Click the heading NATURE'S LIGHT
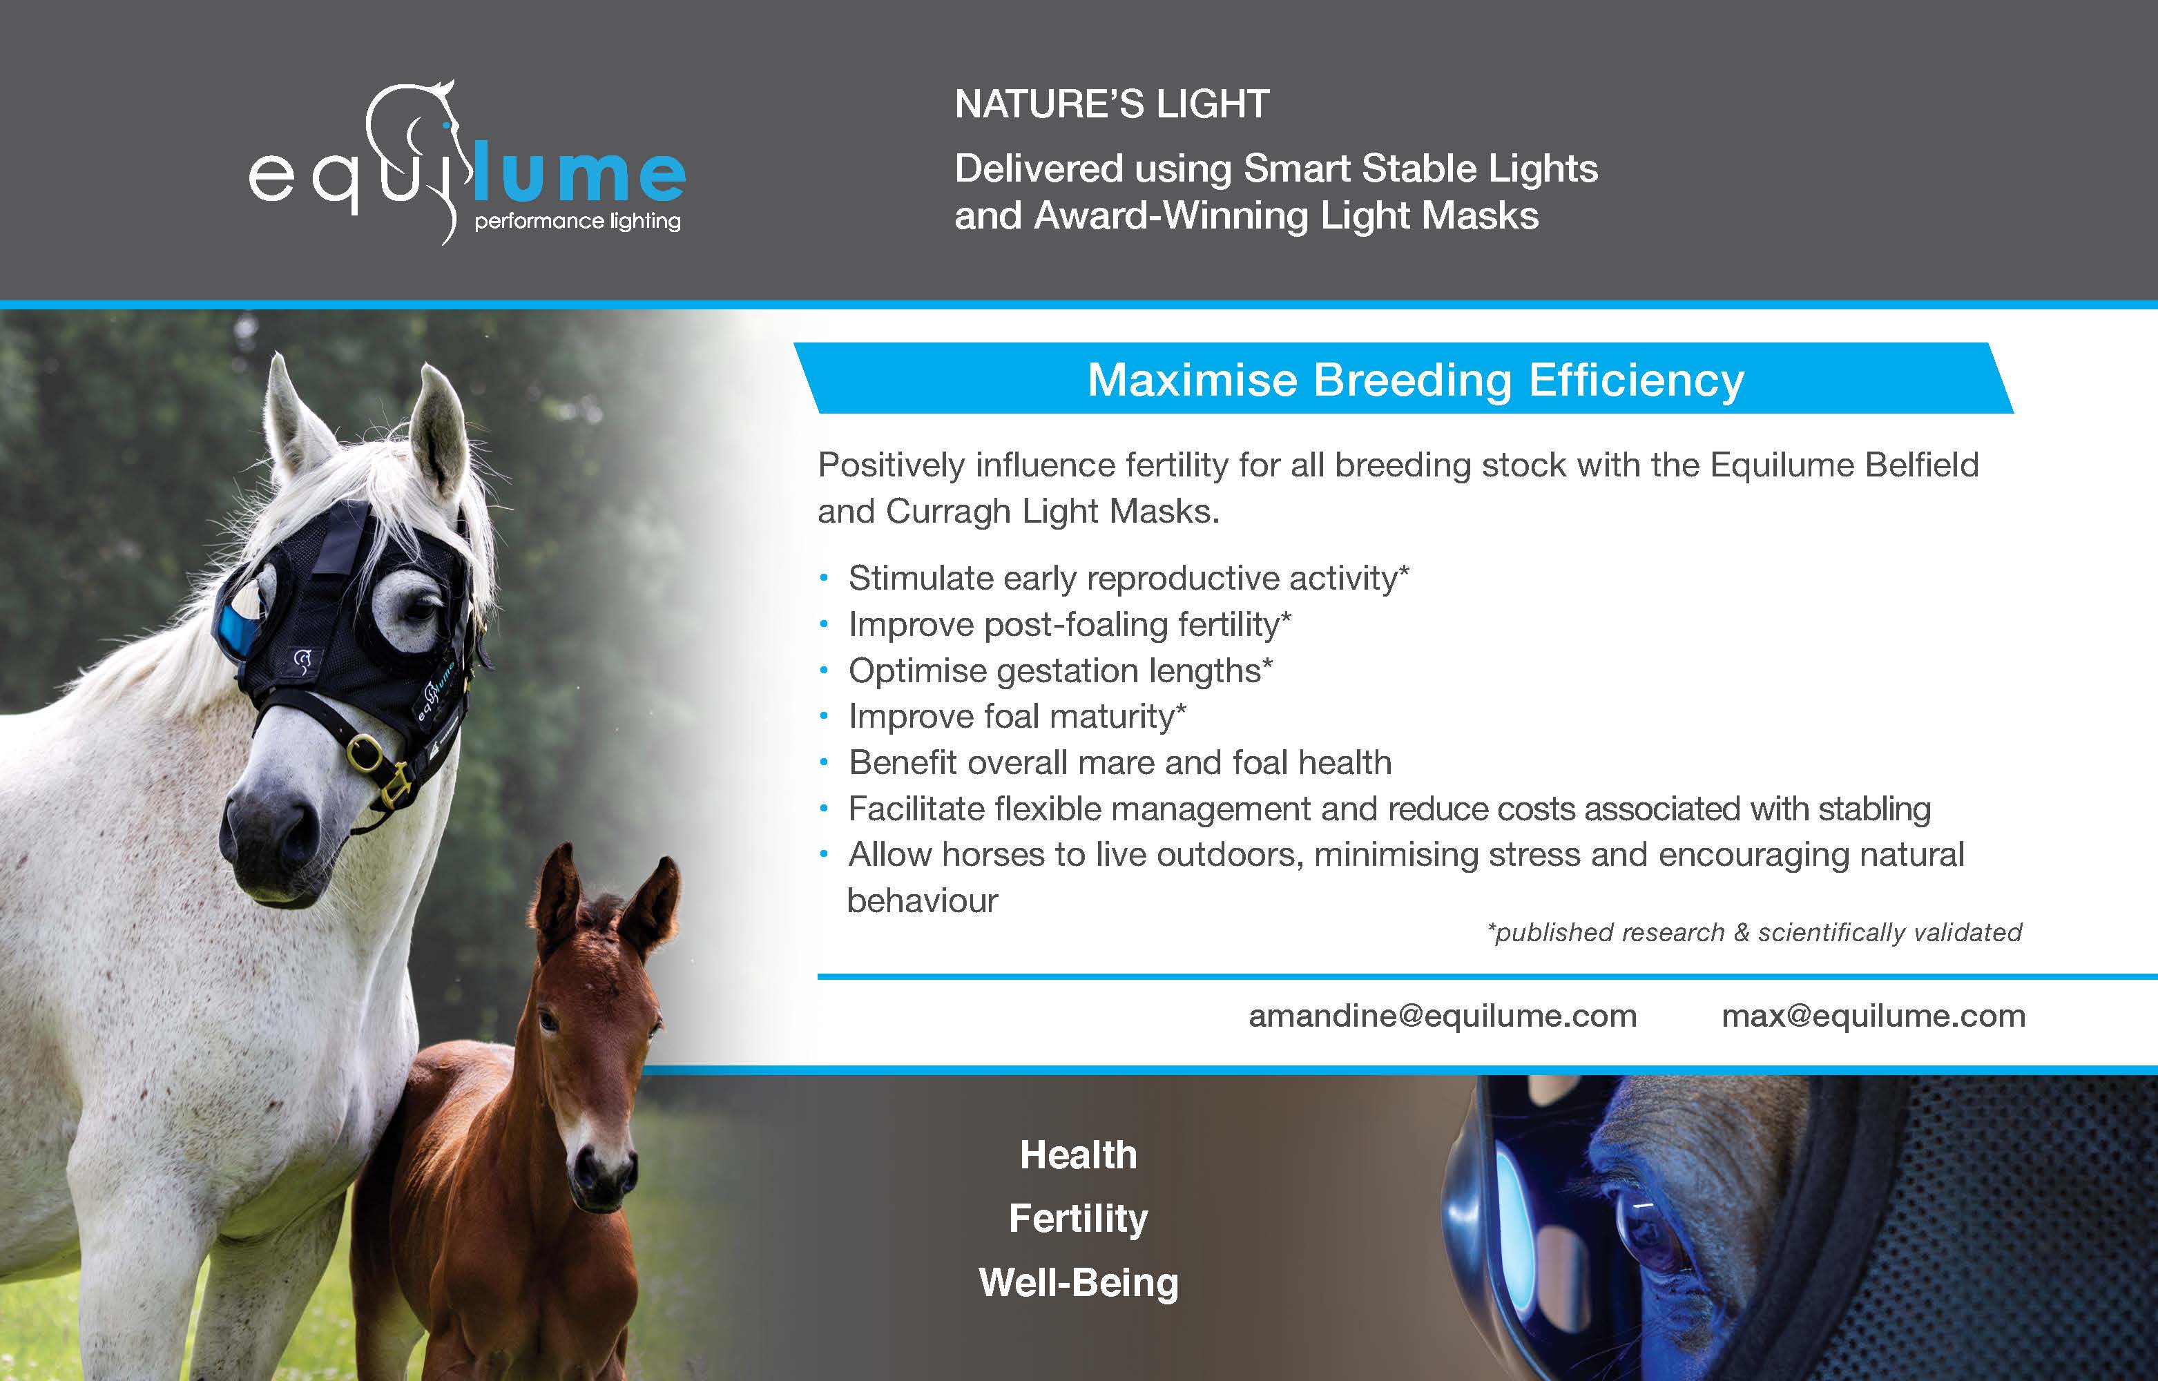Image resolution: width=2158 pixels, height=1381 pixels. pyautogui.click(x=1112, y=104)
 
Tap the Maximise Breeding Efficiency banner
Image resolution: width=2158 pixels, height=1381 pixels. pyautogui.click(x=1416, y=379)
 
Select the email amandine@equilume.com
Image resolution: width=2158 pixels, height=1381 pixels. pyautogui.click(x=1443, y=1016)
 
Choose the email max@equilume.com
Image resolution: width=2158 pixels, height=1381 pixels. pyautogui.click(x=1873, y=1016)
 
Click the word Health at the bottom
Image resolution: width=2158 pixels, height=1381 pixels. pyautogui.click(x=1079, y=1155)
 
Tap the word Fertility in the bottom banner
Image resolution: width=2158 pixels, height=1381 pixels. pyautogui.click(x=1079, y=1219)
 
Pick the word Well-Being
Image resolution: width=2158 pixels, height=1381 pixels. pyautogui.click(x=1079, y=1283)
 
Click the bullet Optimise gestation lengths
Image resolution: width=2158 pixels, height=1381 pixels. pyautogui.click(x=1060, y=670)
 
